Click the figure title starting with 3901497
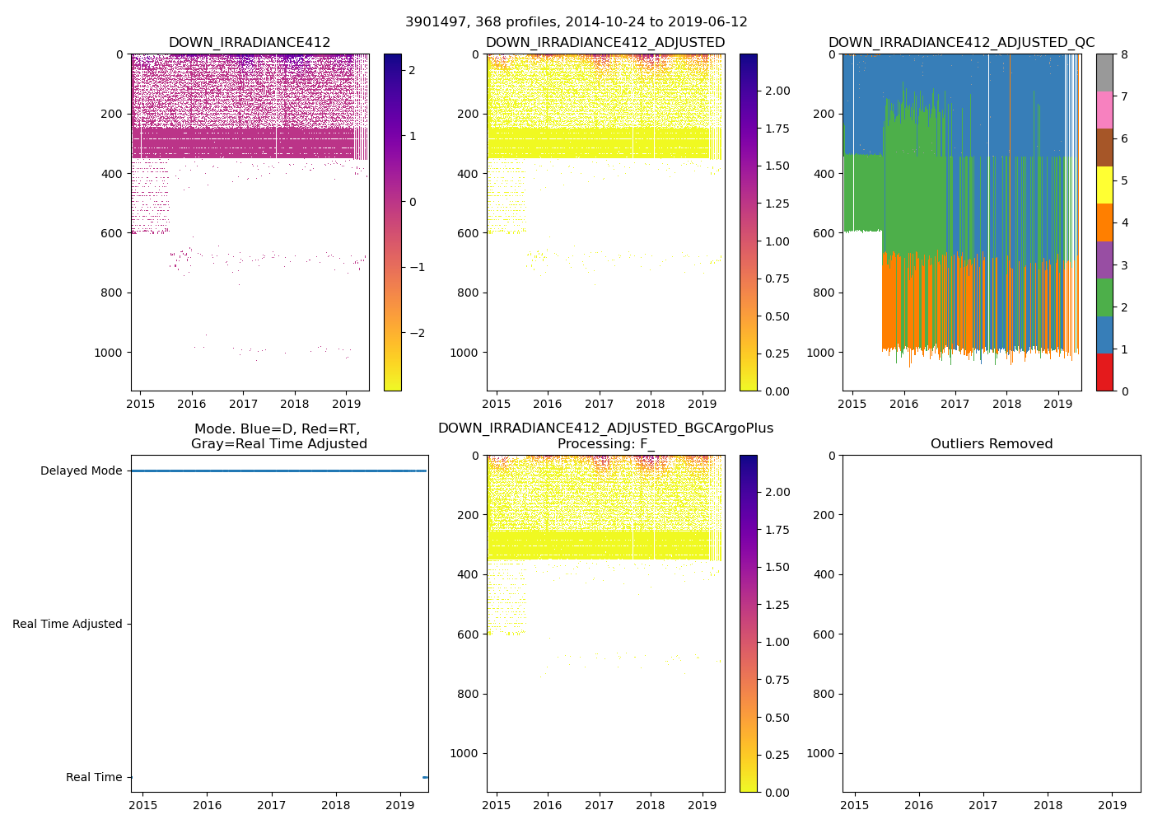(x=576, y=22)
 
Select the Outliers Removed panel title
(x=991, y=444)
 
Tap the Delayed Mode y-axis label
(x=81, y=471)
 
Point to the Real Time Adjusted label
(x=67, y=624)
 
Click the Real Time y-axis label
(x=93, y=777)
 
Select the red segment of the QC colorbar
(x=1104, y=372)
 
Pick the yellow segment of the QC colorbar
(x=1104, y=185)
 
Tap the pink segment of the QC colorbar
(x=1104, y=110)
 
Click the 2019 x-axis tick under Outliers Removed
(x=1113, y=805)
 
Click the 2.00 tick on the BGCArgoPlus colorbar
(x=776, y=492)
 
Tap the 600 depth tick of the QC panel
(x=824, y=233)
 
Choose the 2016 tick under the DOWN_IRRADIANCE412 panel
(x=192, y=404)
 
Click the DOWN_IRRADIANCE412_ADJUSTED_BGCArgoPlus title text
(x=605, y=428)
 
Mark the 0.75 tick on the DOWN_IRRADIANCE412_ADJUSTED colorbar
(x=776, y=279)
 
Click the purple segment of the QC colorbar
(x=1104, y=260)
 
